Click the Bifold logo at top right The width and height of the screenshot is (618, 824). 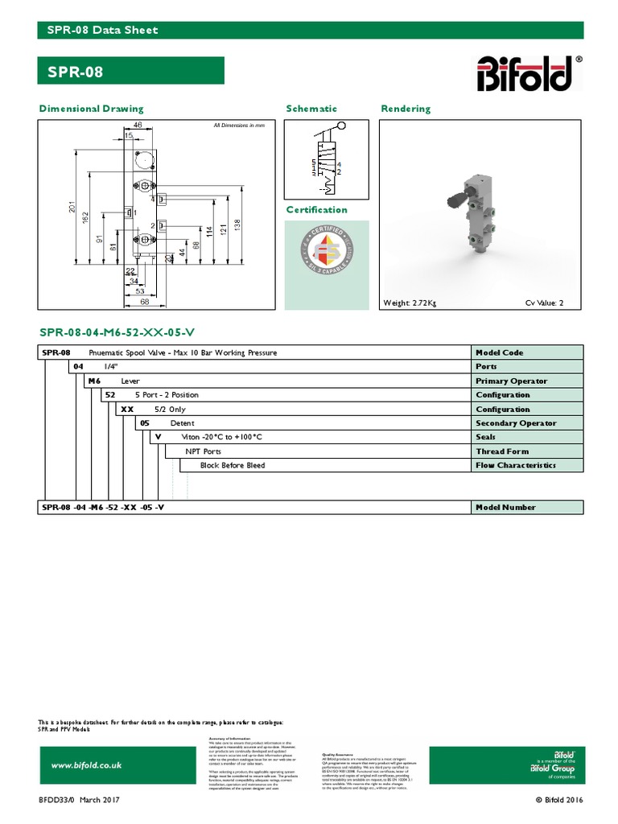coord(527,73)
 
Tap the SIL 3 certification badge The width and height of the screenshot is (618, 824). coord(327,253)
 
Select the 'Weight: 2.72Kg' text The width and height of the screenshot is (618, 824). coord(410,303)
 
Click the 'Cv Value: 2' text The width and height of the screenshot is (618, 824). coord(545,303)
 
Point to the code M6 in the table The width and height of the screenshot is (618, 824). coord(95,381)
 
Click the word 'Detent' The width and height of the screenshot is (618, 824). coord(182,423)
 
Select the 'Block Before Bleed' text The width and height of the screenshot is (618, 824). coord(232,465)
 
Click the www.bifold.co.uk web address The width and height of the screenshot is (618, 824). coord(86,765)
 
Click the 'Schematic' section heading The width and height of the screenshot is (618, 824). coord(311,109)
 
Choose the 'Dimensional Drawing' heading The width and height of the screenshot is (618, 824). coord(92,109)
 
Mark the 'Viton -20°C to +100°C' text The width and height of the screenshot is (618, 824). coord(216,437)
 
